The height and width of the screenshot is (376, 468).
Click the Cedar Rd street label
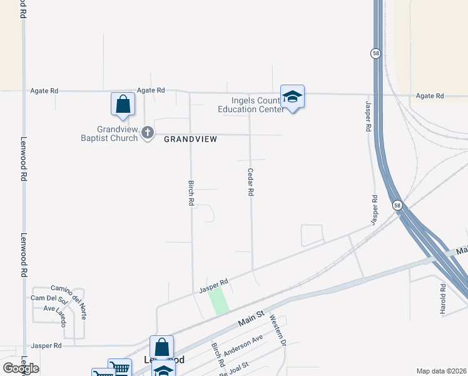(250, 182)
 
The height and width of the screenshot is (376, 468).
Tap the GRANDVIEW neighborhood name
(191, 139)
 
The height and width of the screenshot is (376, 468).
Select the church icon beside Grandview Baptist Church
(148, 132)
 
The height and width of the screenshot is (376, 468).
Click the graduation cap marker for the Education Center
(292, 97)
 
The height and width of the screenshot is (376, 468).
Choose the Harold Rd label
(442, 299)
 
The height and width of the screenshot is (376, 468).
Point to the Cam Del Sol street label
(45, 298)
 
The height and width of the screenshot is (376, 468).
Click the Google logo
(21, 368)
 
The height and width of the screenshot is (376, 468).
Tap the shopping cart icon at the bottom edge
(120, 367)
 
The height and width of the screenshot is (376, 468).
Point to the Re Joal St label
(235, 368)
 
